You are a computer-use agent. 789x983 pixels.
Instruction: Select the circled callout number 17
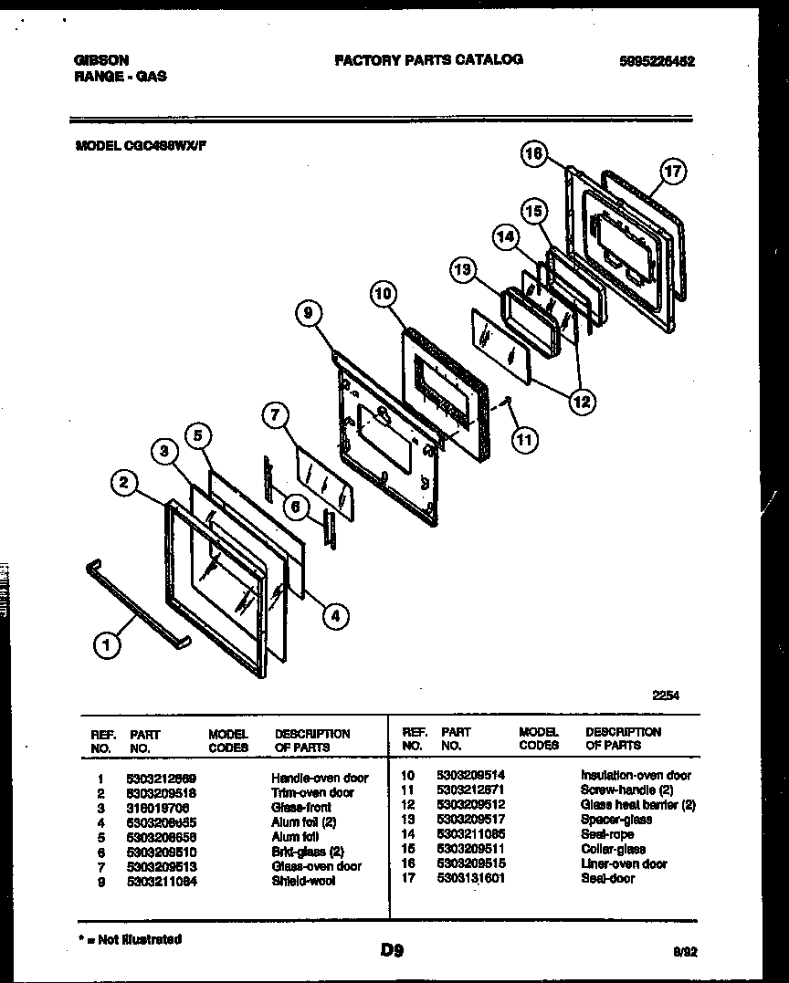click(x=673, y=171)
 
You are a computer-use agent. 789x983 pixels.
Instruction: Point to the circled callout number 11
click(x=524, y=441)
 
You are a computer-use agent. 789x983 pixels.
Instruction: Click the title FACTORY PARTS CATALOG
click(x=428, y=59)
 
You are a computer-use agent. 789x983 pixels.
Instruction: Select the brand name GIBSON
click(x=101, y=60)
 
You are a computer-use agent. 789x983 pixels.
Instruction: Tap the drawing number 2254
click(x=665, y=695)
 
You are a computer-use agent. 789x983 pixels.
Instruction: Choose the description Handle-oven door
click(x=320, y=778)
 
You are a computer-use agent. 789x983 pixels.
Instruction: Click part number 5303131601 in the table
click(x=472, y=878)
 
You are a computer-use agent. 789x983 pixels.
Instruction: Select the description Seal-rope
click(x=607, y=834)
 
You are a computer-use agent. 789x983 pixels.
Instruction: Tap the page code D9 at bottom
click(x=393, y=950)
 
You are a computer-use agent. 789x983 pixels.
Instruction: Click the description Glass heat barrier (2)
click(x=637, y=805)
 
